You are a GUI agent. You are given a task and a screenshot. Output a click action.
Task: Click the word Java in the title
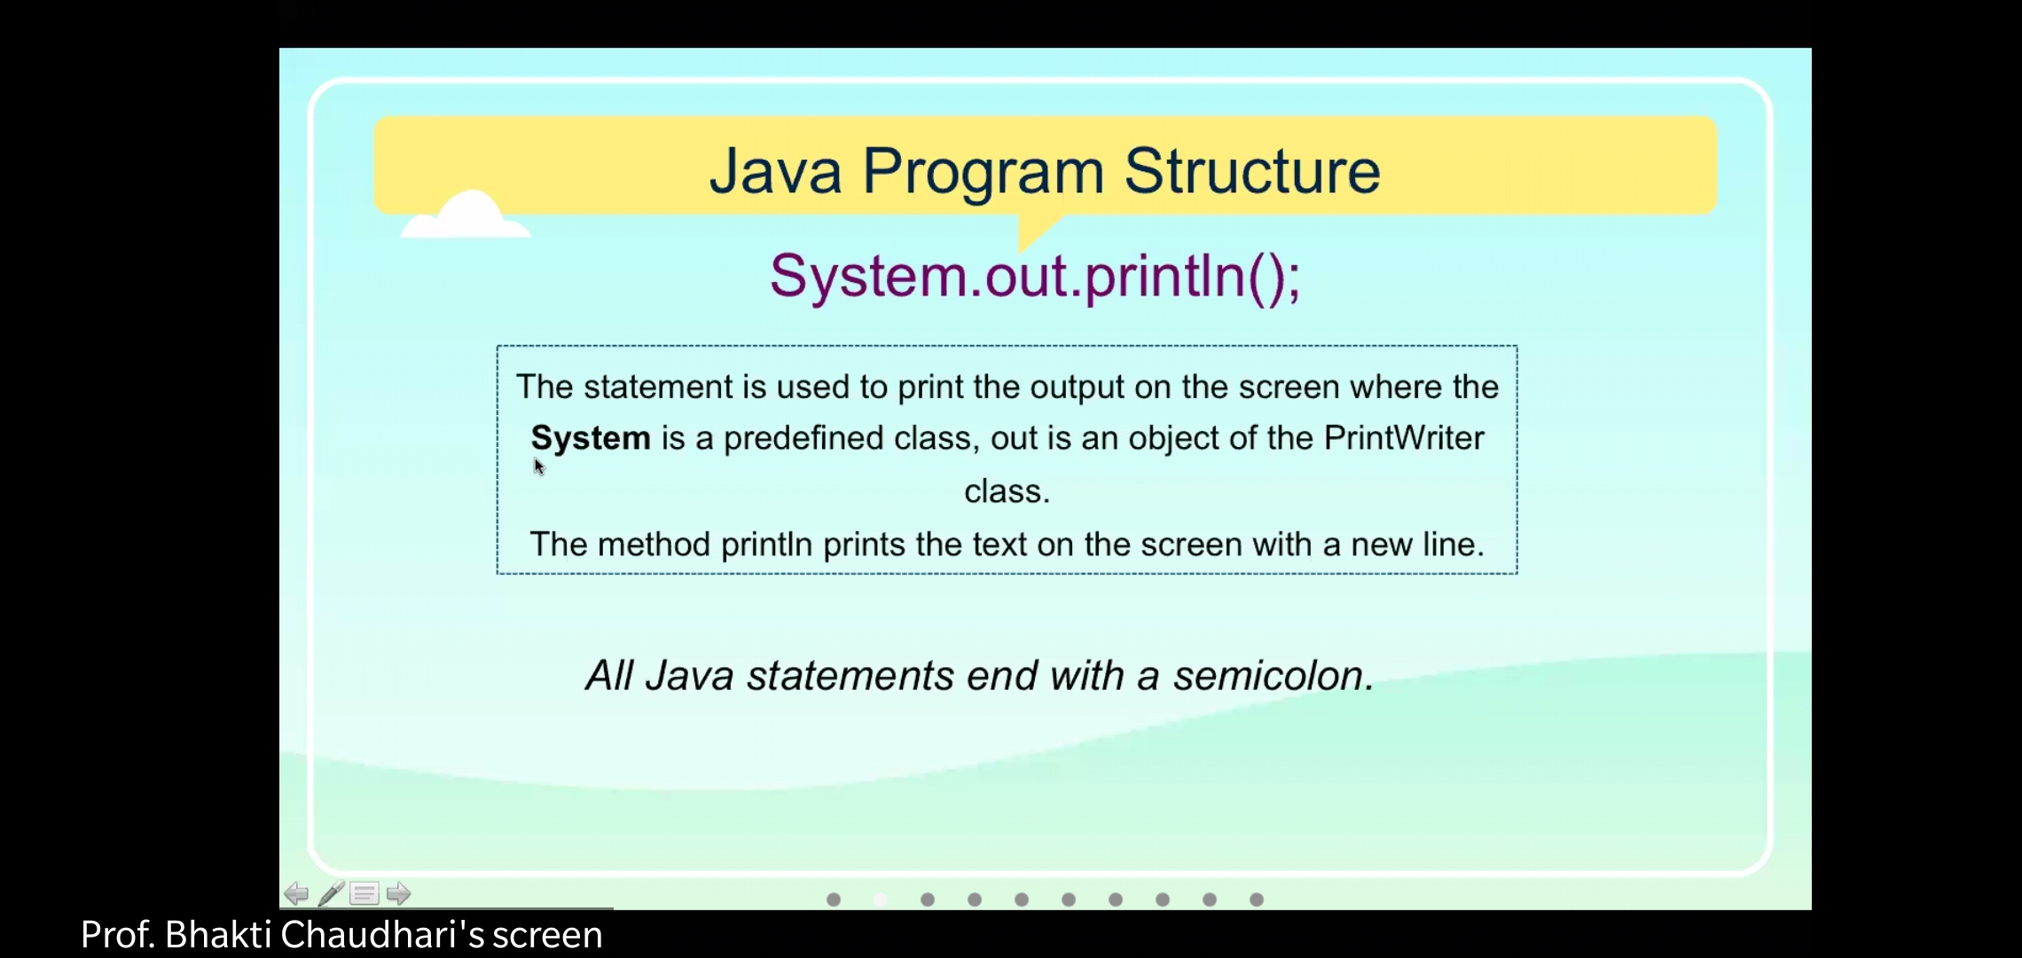tap(775, 171)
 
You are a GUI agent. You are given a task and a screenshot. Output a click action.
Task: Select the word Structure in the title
tap(1252, 171)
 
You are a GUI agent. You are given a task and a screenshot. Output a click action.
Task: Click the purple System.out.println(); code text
tap(1035, 277)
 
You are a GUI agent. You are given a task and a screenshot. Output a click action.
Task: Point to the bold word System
tap(591, 439)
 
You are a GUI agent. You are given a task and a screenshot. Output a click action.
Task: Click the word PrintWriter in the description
tap(1404, 438)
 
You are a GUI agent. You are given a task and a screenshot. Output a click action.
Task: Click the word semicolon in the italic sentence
tap(1274, 676)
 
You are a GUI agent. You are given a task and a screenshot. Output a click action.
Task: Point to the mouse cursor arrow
tap(539, 467)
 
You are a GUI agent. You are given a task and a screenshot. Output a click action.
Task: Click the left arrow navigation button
tap(296, 893)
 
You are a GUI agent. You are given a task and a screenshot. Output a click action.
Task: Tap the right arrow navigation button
tap(398, 893)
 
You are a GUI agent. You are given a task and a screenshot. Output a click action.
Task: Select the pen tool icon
tap(331, 893)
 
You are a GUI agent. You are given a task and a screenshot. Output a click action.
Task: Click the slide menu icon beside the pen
tap(364, 893)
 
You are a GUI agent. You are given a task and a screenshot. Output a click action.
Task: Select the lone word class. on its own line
tap(1007, 491)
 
